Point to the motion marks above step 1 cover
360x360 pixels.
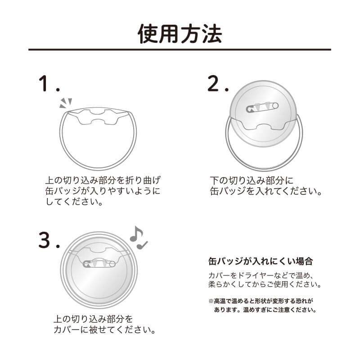click(66, 103)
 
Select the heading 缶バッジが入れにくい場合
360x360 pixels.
click(261, 261)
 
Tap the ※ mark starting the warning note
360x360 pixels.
click(211, 301)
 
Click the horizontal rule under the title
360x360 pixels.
click(180, 49)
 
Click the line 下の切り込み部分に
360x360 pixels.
click(252, 180)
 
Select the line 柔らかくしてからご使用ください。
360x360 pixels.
click(265, 285)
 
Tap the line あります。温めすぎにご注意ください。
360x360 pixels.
click(265, 310)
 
